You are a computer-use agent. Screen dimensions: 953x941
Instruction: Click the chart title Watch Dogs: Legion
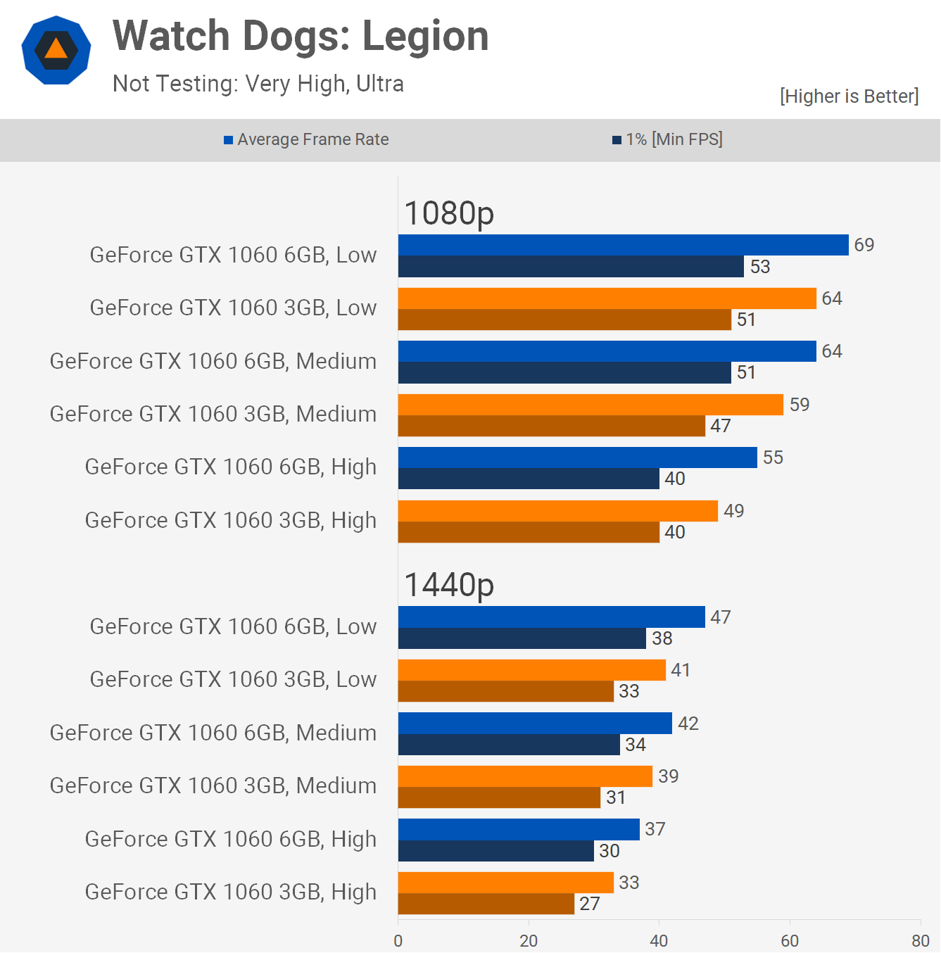coord(301,36)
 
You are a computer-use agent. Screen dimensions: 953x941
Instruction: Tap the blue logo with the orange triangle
coord(56,50)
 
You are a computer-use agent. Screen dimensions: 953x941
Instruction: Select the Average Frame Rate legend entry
coord(306,139)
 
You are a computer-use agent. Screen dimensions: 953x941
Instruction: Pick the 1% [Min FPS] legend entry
coord(667,139)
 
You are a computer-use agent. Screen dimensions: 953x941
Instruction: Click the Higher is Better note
coord(849,96)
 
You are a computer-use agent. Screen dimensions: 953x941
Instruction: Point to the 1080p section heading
coord(449,213)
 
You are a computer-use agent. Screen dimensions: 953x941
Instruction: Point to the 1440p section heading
coord(449,584)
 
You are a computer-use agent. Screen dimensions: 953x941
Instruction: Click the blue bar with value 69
coord(623,245)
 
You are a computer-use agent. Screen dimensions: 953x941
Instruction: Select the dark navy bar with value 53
coord(571,267)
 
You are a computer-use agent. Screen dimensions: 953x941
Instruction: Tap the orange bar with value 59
coord(591,405)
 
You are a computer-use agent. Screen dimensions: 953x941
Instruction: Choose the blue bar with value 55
coord(577,457)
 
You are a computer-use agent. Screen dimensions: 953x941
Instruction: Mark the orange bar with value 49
coord(557,511)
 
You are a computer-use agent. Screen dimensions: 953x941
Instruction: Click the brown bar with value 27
coord(486,904)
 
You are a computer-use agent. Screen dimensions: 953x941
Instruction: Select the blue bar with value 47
coord(551,617)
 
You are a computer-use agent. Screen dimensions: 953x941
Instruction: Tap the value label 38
coord(662,638)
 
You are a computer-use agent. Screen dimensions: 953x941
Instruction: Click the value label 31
coord(616,797)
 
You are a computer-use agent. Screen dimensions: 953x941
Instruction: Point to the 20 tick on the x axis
coord(529,941)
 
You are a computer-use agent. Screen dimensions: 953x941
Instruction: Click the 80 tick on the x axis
coord(921,941)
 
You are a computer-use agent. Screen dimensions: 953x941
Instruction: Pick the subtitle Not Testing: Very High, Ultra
coord(258,84)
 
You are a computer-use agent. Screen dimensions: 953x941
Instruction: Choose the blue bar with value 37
coord(519,829)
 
